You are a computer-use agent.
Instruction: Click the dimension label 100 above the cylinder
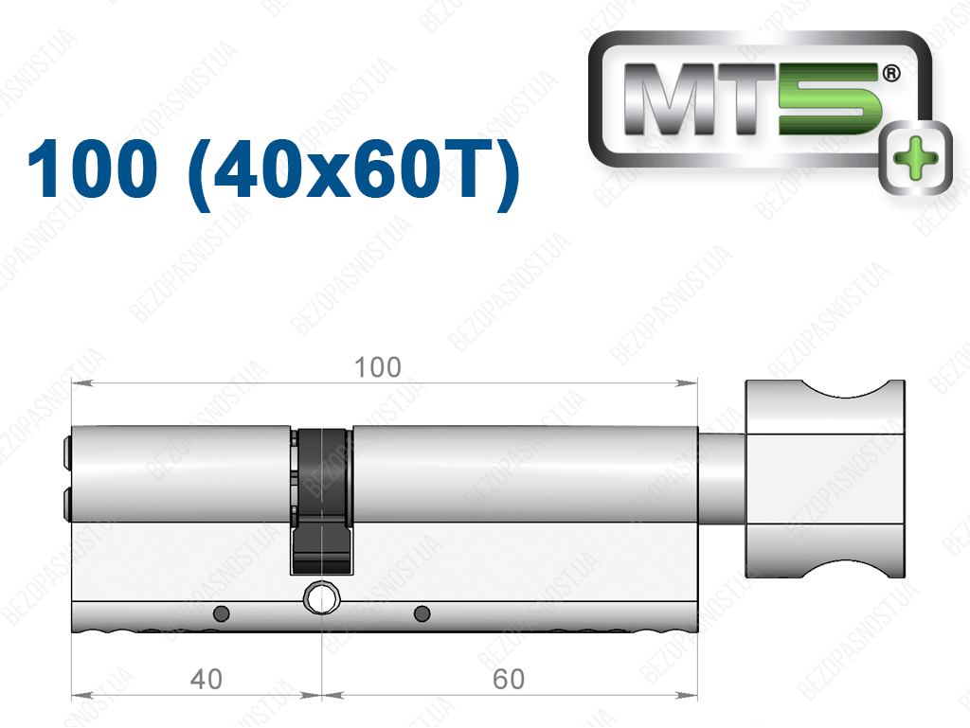pyautogui.click(x=377, y=367)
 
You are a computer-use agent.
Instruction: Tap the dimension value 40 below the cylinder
pyautogui.click(x=206, y=679)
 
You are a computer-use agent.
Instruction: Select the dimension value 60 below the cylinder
pyautogui.click(x=509, y=679)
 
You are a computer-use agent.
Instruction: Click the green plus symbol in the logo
pyautogui.click(x=916, y=157)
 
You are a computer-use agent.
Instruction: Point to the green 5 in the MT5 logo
pyautogui.click(x=830, y=98)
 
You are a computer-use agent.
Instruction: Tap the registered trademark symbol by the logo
pyautogui.click(x=890, y=74)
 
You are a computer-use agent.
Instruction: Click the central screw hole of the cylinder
pyautogui.click(x=321, y=597)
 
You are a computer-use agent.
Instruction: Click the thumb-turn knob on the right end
pyautogui.click(x=825, y=480)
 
